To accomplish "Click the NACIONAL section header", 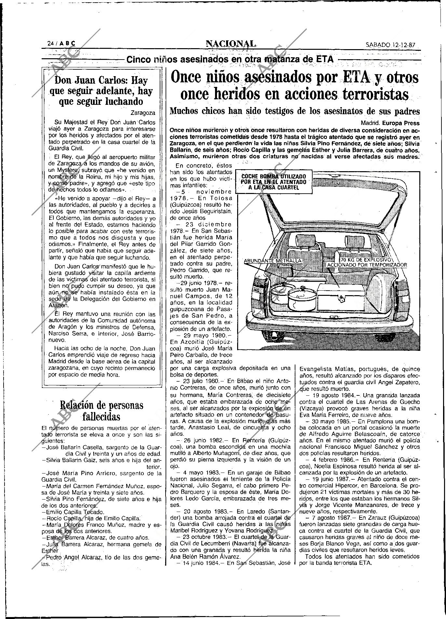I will [x=231, y=43].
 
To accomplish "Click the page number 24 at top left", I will [x=50, y=43].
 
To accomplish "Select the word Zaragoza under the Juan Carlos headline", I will [x=143, y=113].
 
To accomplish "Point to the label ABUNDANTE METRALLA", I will [x=273, y=261].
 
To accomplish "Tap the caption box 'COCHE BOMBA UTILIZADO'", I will [x=273, y=182].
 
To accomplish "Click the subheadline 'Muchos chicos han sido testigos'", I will [x=295, y=111].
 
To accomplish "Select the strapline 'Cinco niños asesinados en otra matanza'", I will [x=230, y=59].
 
